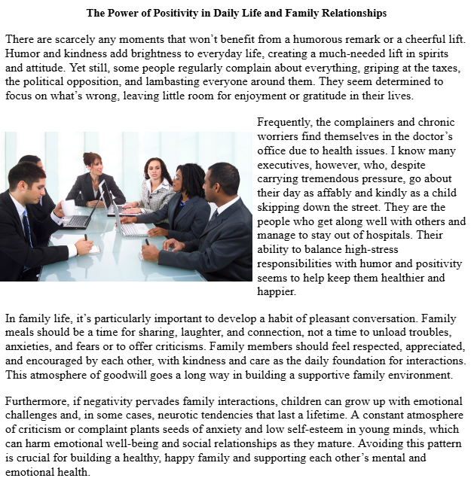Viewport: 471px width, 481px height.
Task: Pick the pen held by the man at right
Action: [148, 242]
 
